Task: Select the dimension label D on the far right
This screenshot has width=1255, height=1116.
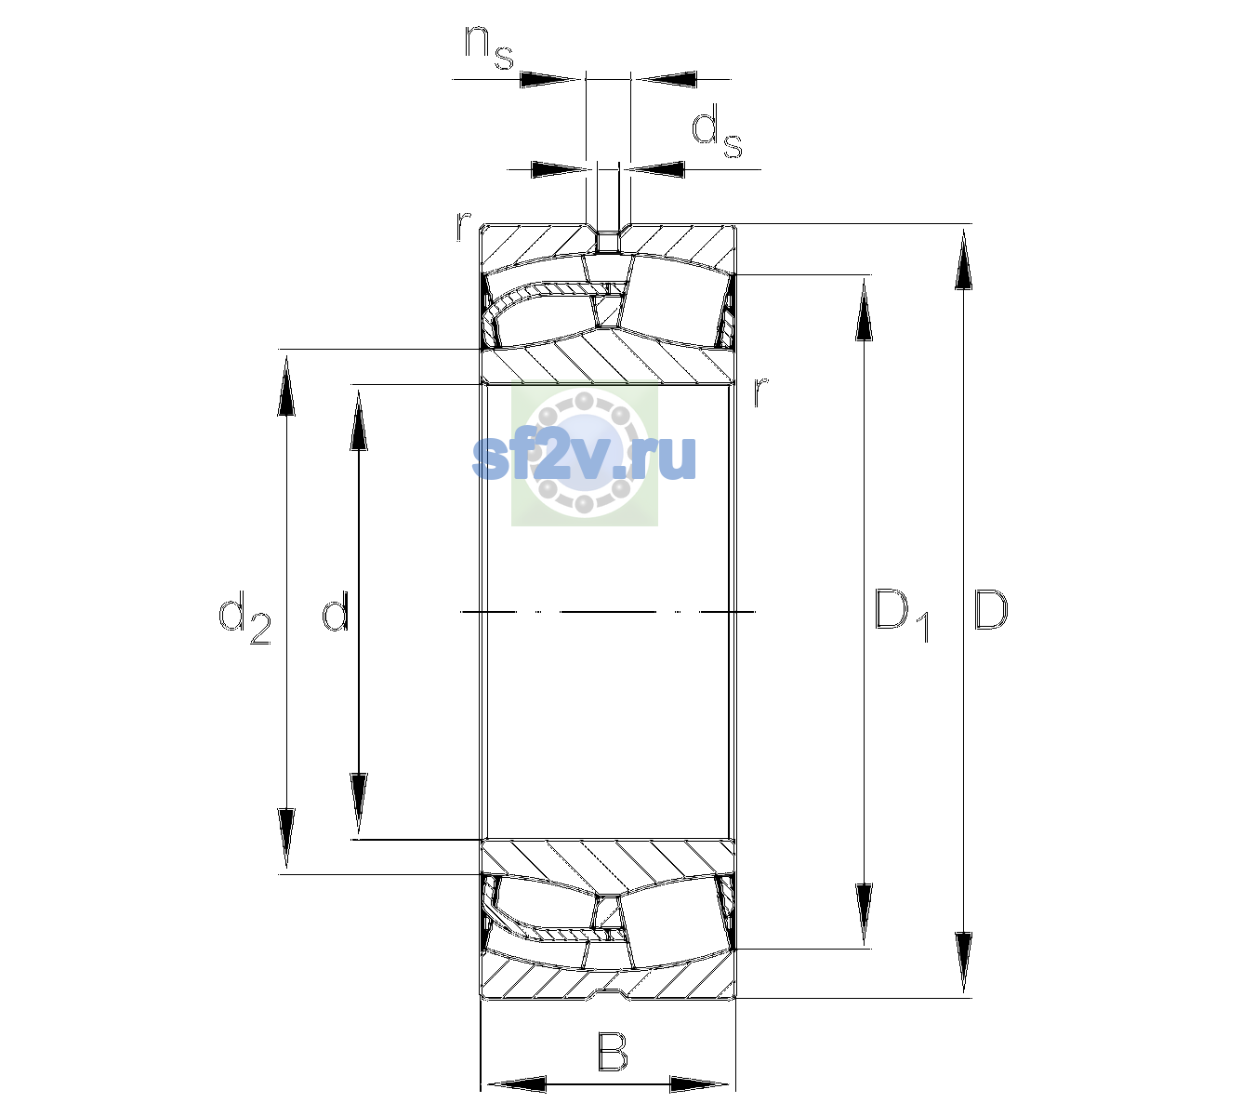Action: tap(990, 610)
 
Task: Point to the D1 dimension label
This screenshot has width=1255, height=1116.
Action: tap(902, 616)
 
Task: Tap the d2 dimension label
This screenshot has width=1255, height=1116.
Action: tap(244, 618)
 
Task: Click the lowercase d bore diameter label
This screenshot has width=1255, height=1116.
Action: tap(335, 610)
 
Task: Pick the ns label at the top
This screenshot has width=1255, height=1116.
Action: tap(489, 48)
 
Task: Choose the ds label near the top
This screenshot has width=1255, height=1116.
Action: tap(716, 131)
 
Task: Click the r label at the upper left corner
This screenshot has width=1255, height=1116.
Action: tap(463, 226)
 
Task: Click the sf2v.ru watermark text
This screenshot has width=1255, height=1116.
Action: tap(584, 458)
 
